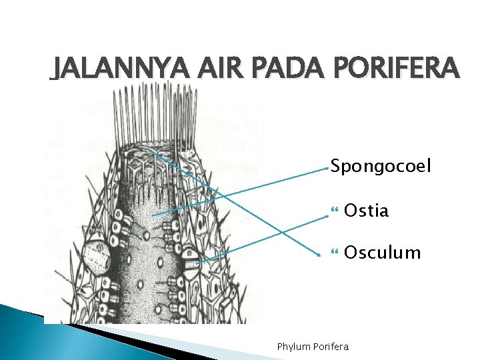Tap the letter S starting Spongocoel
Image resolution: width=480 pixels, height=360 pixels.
pyautogui.click(x=336, y=165)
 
